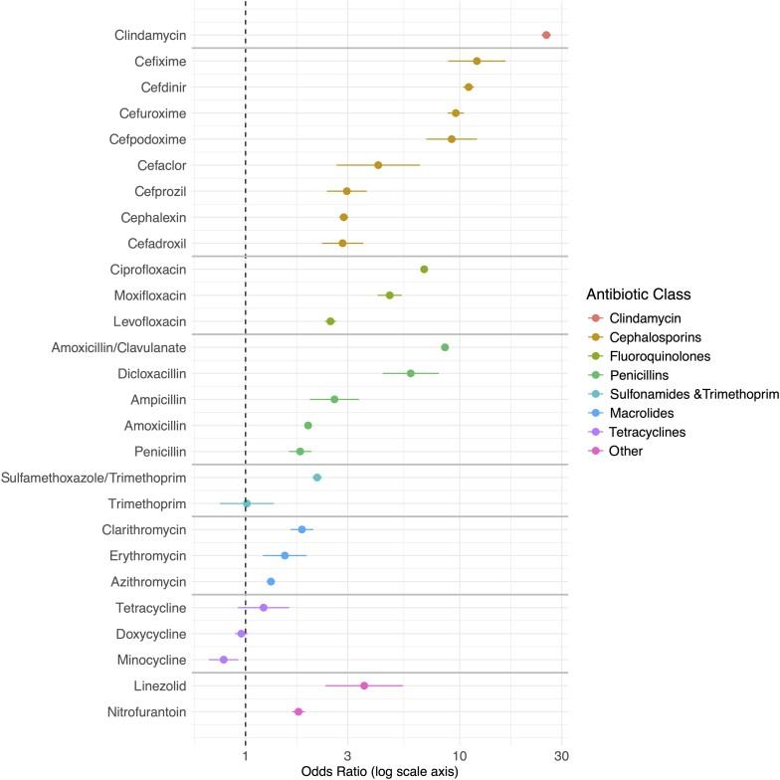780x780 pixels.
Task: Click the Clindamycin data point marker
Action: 546,35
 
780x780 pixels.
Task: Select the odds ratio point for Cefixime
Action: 477,62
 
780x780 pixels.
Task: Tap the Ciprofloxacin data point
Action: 424,270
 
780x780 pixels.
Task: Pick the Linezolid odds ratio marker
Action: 364,685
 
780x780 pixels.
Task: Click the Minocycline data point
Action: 224,660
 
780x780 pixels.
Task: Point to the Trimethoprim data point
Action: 247,503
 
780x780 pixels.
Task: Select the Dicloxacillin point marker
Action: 410,373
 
